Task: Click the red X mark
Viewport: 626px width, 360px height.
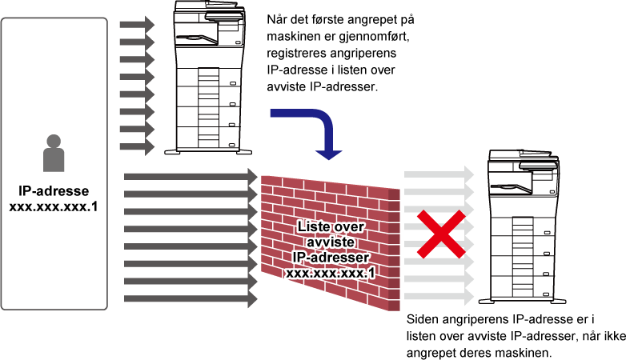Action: coord(441,234)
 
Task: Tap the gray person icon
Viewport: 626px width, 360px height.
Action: coord(54,153)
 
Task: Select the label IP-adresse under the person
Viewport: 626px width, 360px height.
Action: coord(54,190)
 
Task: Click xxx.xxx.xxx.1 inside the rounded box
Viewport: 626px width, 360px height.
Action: coord(54,206)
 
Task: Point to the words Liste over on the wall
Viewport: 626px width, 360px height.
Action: coord(331,226)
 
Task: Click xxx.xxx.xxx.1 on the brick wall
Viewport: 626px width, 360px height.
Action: coord(331,273)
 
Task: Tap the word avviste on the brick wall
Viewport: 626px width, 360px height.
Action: coord(331,242)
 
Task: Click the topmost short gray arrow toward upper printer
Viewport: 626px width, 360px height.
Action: coord(137,24)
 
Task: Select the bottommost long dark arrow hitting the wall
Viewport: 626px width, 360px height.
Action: coord(191,299)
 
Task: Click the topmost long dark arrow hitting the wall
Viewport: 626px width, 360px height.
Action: coord(191,177)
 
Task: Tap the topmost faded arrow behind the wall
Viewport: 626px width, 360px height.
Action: coord(439,174)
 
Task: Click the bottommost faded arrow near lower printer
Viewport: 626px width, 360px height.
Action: coord(439,297)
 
